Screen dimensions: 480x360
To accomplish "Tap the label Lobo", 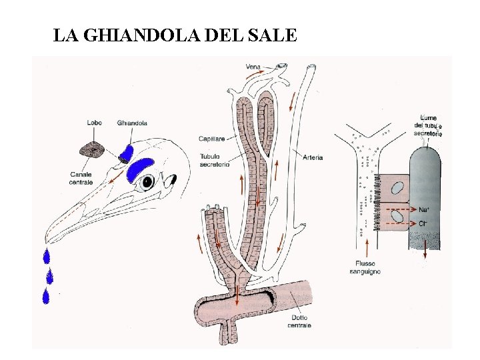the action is click(94, 123).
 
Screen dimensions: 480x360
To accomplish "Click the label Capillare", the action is click(212, 139).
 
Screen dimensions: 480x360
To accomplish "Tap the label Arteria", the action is click(312, 157).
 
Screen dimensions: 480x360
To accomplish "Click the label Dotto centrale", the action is click(299, 322).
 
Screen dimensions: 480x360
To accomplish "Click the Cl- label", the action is click(423, 223).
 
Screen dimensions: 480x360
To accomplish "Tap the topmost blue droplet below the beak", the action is click(47, 255).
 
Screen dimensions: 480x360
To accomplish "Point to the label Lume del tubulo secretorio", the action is click(427, 125).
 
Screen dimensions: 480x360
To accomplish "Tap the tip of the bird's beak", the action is click(45, 243).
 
